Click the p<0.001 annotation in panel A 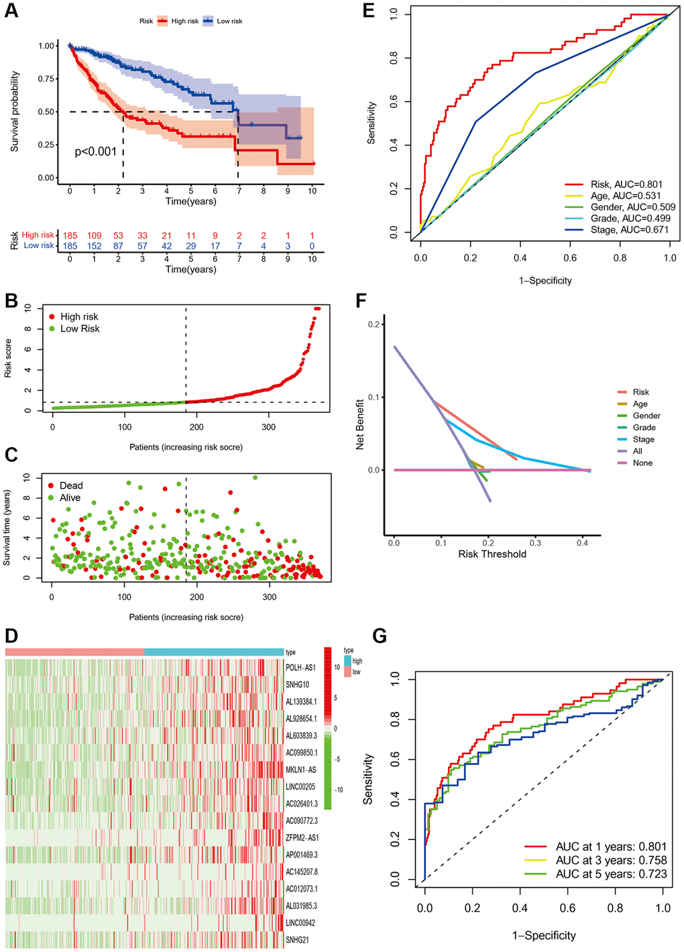point(96,152)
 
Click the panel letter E point(368,11)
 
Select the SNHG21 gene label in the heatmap point(297,940)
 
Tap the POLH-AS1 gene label point(300,668)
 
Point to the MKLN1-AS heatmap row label point(301,770)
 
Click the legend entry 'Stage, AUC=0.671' point(629,230)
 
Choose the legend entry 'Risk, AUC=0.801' point(626,184)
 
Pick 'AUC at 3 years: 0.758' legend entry point(611,860)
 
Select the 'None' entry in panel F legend point(642,463)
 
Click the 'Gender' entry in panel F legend point(646,416)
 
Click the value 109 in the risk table point(94,235)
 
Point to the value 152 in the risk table point(94,246)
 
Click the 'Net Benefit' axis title point(360,424)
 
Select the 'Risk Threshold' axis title point(492,554)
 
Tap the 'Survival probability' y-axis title point(15,111)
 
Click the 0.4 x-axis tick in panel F point(583,543)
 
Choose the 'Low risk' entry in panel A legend point(229,21)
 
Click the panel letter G point(380,636)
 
